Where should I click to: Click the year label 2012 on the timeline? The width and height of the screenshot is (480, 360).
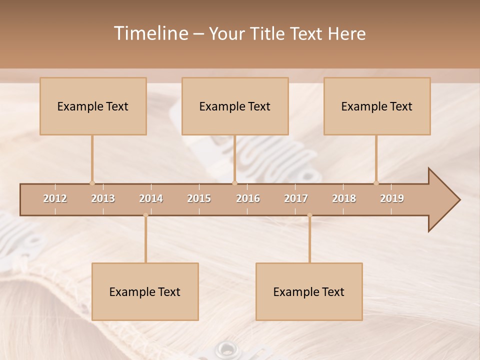pos(55,198)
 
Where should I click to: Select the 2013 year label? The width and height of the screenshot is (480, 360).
pos(103,198)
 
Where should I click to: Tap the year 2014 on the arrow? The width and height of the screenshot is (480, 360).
pos(151,198)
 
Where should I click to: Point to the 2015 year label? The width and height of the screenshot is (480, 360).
pos(199,198)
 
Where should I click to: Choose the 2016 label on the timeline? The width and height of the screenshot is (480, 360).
pos(248,198)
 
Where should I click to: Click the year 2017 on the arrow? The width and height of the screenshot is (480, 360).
pos(296,198)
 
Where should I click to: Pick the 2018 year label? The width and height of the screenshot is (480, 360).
pos(344,198)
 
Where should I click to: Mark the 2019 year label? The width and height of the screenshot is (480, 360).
pos(392,198)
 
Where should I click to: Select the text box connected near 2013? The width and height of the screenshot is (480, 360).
pos(93,106)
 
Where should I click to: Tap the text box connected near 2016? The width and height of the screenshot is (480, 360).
pos(235,106)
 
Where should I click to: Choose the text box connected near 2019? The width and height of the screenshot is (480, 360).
pos(377,106)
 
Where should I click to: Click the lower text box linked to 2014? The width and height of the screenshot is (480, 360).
pos(145,291)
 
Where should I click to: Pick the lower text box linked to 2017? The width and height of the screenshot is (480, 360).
pos(309,291)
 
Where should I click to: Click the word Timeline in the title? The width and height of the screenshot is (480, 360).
pos(149,33)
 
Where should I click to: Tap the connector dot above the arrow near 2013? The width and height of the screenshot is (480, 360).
pos(92,183)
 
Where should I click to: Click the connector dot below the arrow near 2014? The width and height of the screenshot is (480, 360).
pos(145,215)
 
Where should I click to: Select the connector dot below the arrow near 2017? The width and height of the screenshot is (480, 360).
pos(309,215)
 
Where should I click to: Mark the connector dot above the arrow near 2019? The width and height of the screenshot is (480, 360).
pos(376,183)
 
